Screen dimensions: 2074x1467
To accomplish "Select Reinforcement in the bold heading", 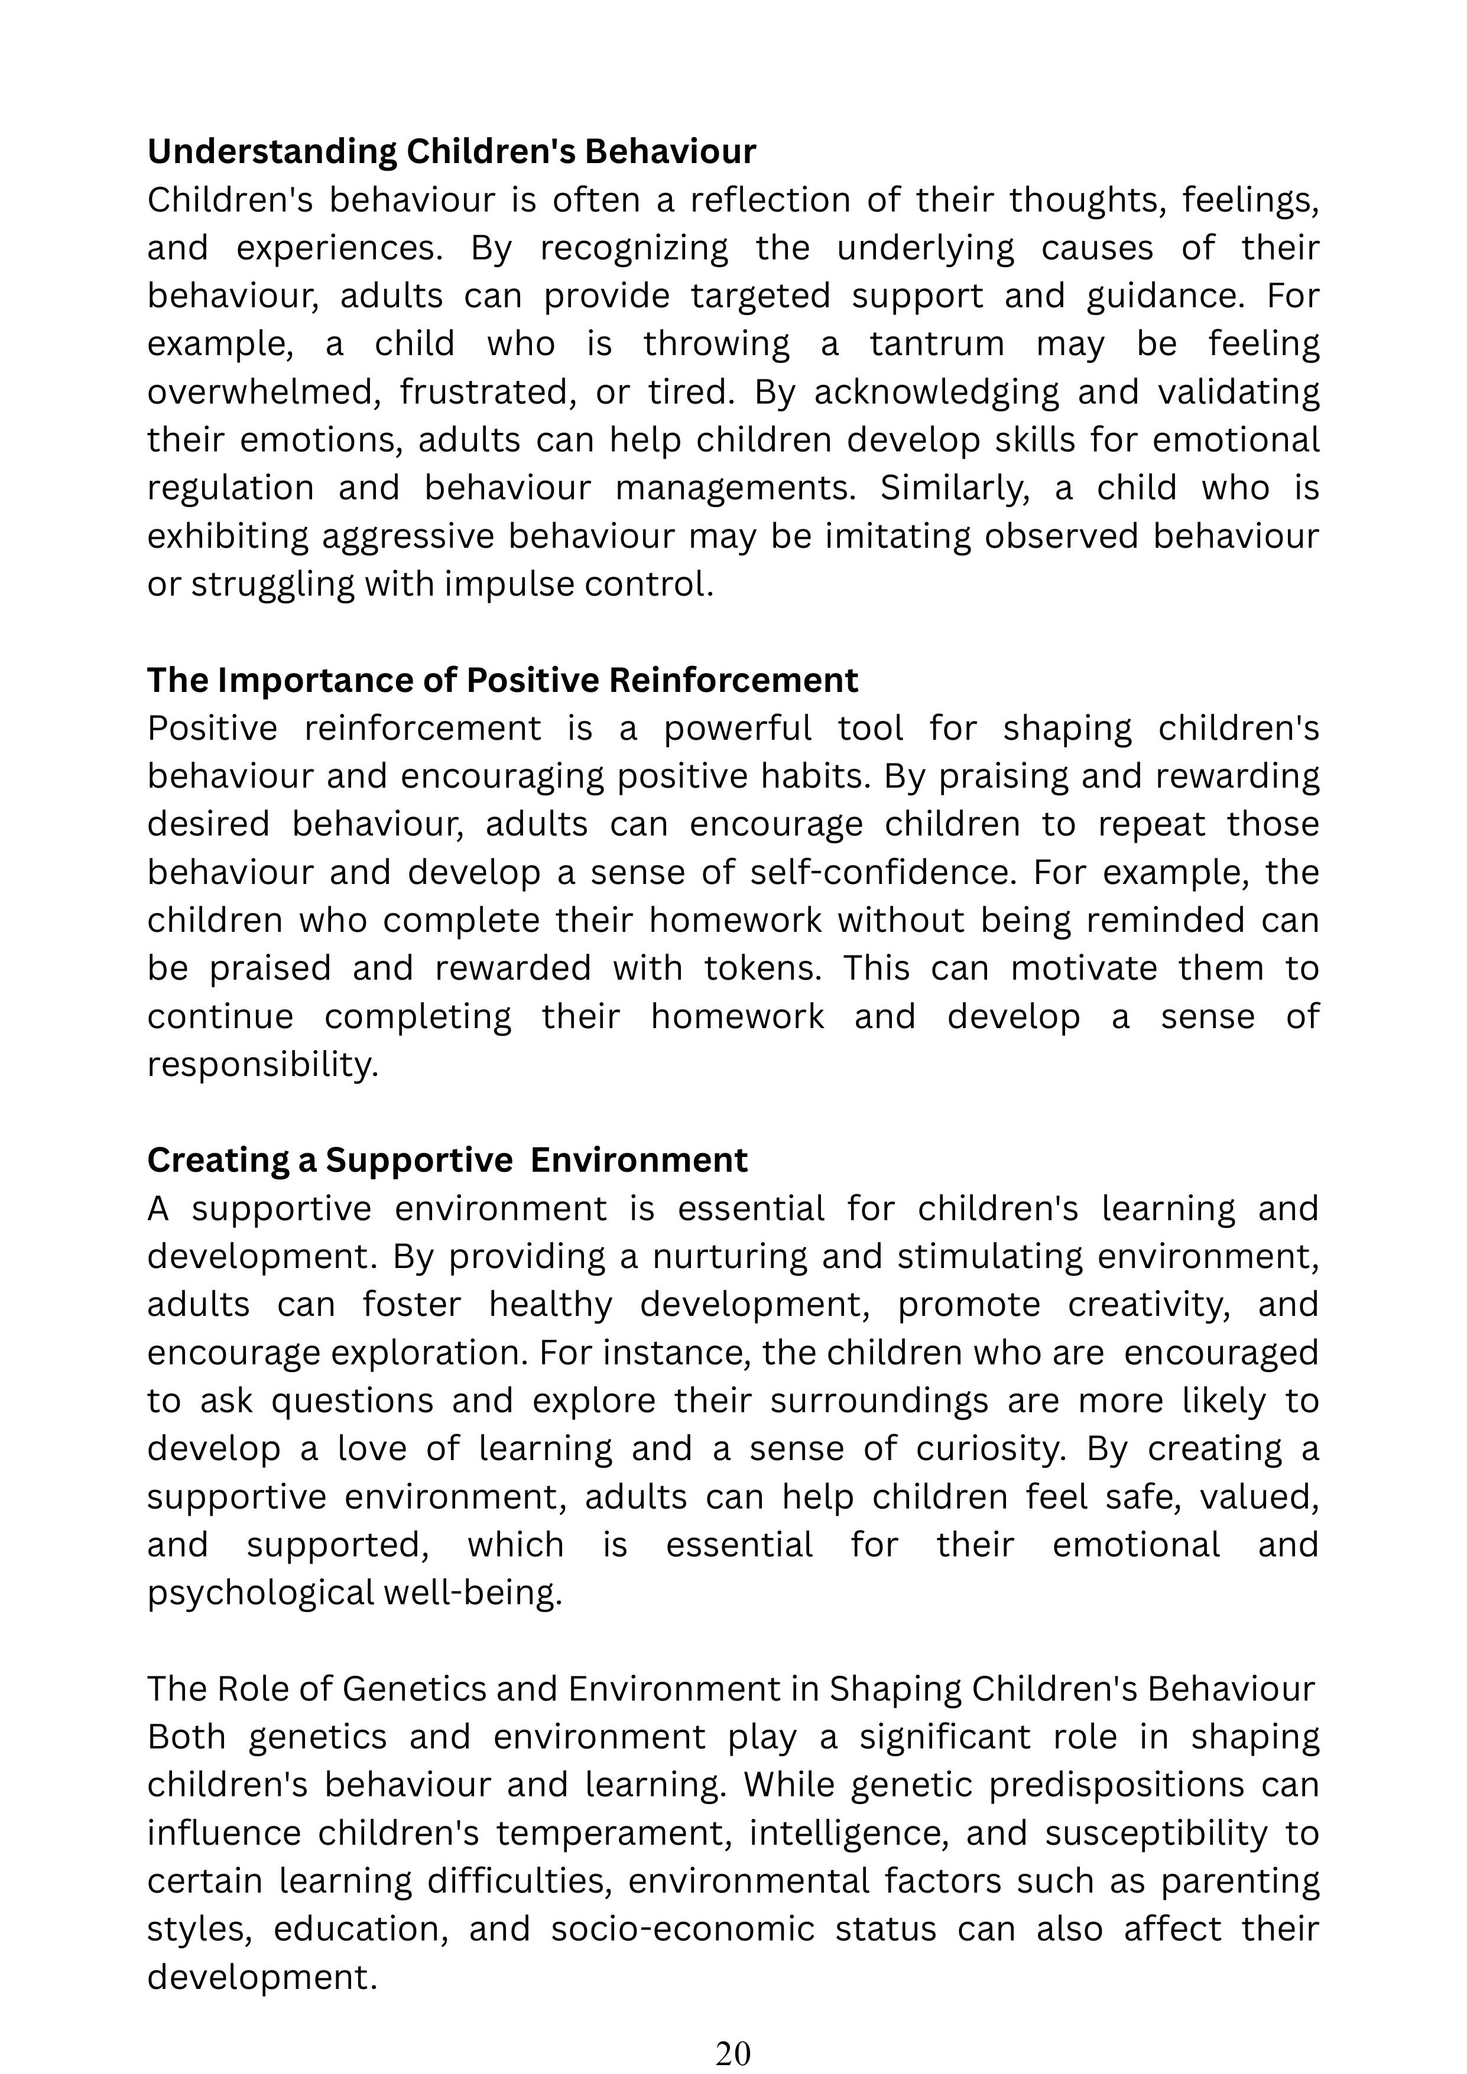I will click(733, 680).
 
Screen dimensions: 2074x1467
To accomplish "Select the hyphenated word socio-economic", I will click(683, 1929).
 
